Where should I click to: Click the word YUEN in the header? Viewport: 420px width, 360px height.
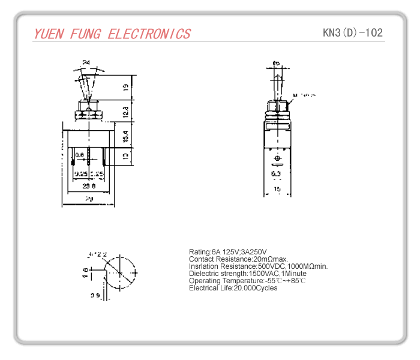click(50, 34)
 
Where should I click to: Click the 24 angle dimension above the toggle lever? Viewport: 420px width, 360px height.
click(86, 62)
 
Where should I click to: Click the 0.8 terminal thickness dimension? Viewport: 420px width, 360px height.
click(79, 155)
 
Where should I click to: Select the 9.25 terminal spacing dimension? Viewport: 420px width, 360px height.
click(80, 174)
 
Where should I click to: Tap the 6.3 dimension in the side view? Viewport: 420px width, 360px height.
click(277, 174)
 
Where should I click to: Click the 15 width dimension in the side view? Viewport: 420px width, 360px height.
click(277, 189)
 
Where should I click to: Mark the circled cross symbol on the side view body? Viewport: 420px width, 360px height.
click(277, 159)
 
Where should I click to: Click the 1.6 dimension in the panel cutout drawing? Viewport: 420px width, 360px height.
click(85, 274)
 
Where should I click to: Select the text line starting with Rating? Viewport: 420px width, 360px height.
click(227, 251)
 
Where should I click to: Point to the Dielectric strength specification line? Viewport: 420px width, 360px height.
click(247, 274)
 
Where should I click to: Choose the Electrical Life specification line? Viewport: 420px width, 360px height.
click(233, 288)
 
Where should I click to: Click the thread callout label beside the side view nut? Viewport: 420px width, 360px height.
click(305, 95)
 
